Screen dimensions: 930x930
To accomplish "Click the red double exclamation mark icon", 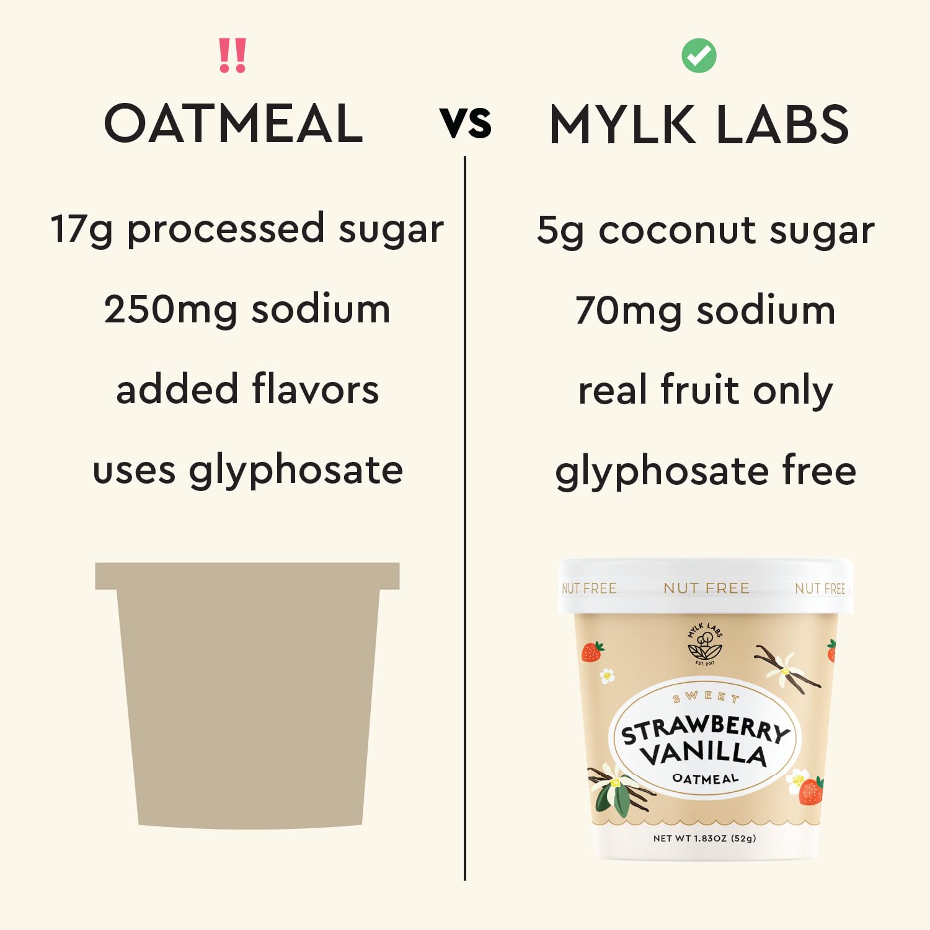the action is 232,56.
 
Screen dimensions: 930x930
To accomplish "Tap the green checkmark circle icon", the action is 699,56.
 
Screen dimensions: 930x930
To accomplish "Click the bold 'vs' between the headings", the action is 466,123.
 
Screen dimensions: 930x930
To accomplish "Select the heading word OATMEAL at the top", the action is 233,123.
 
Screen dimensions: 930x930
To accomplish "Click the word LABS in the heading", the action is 782,125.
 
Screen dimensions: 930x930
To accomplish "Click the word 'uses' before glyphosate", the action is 134,471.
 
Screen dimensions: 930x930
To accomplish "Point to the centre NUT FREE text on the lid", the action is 706,588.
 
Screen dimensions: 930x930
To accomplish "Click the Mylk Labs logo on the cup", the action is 705,644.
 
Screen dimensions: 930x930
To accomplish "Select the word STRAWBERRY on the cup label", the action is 706,729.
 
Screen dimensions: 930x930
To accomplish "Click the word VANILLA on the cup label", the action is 704,754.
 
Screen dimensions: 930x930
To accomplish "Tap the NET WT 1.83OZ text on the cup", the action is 704,838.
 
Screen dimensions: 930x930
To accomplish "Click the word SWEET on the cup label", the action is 706,697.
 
